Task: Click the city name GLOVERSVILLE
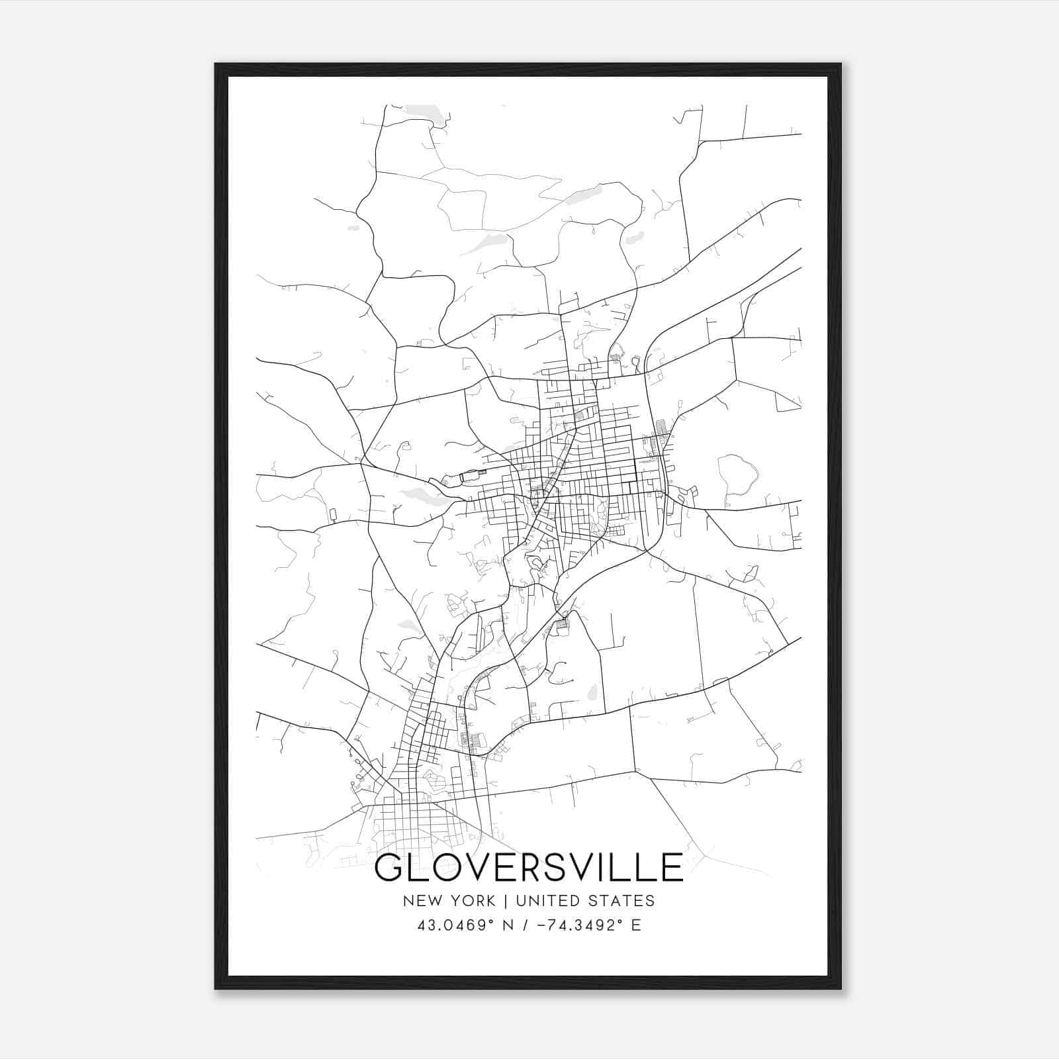coord(529,868)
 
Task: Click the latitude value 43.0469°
coord(455,925)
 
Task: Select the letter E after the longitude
coord(636,925)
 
